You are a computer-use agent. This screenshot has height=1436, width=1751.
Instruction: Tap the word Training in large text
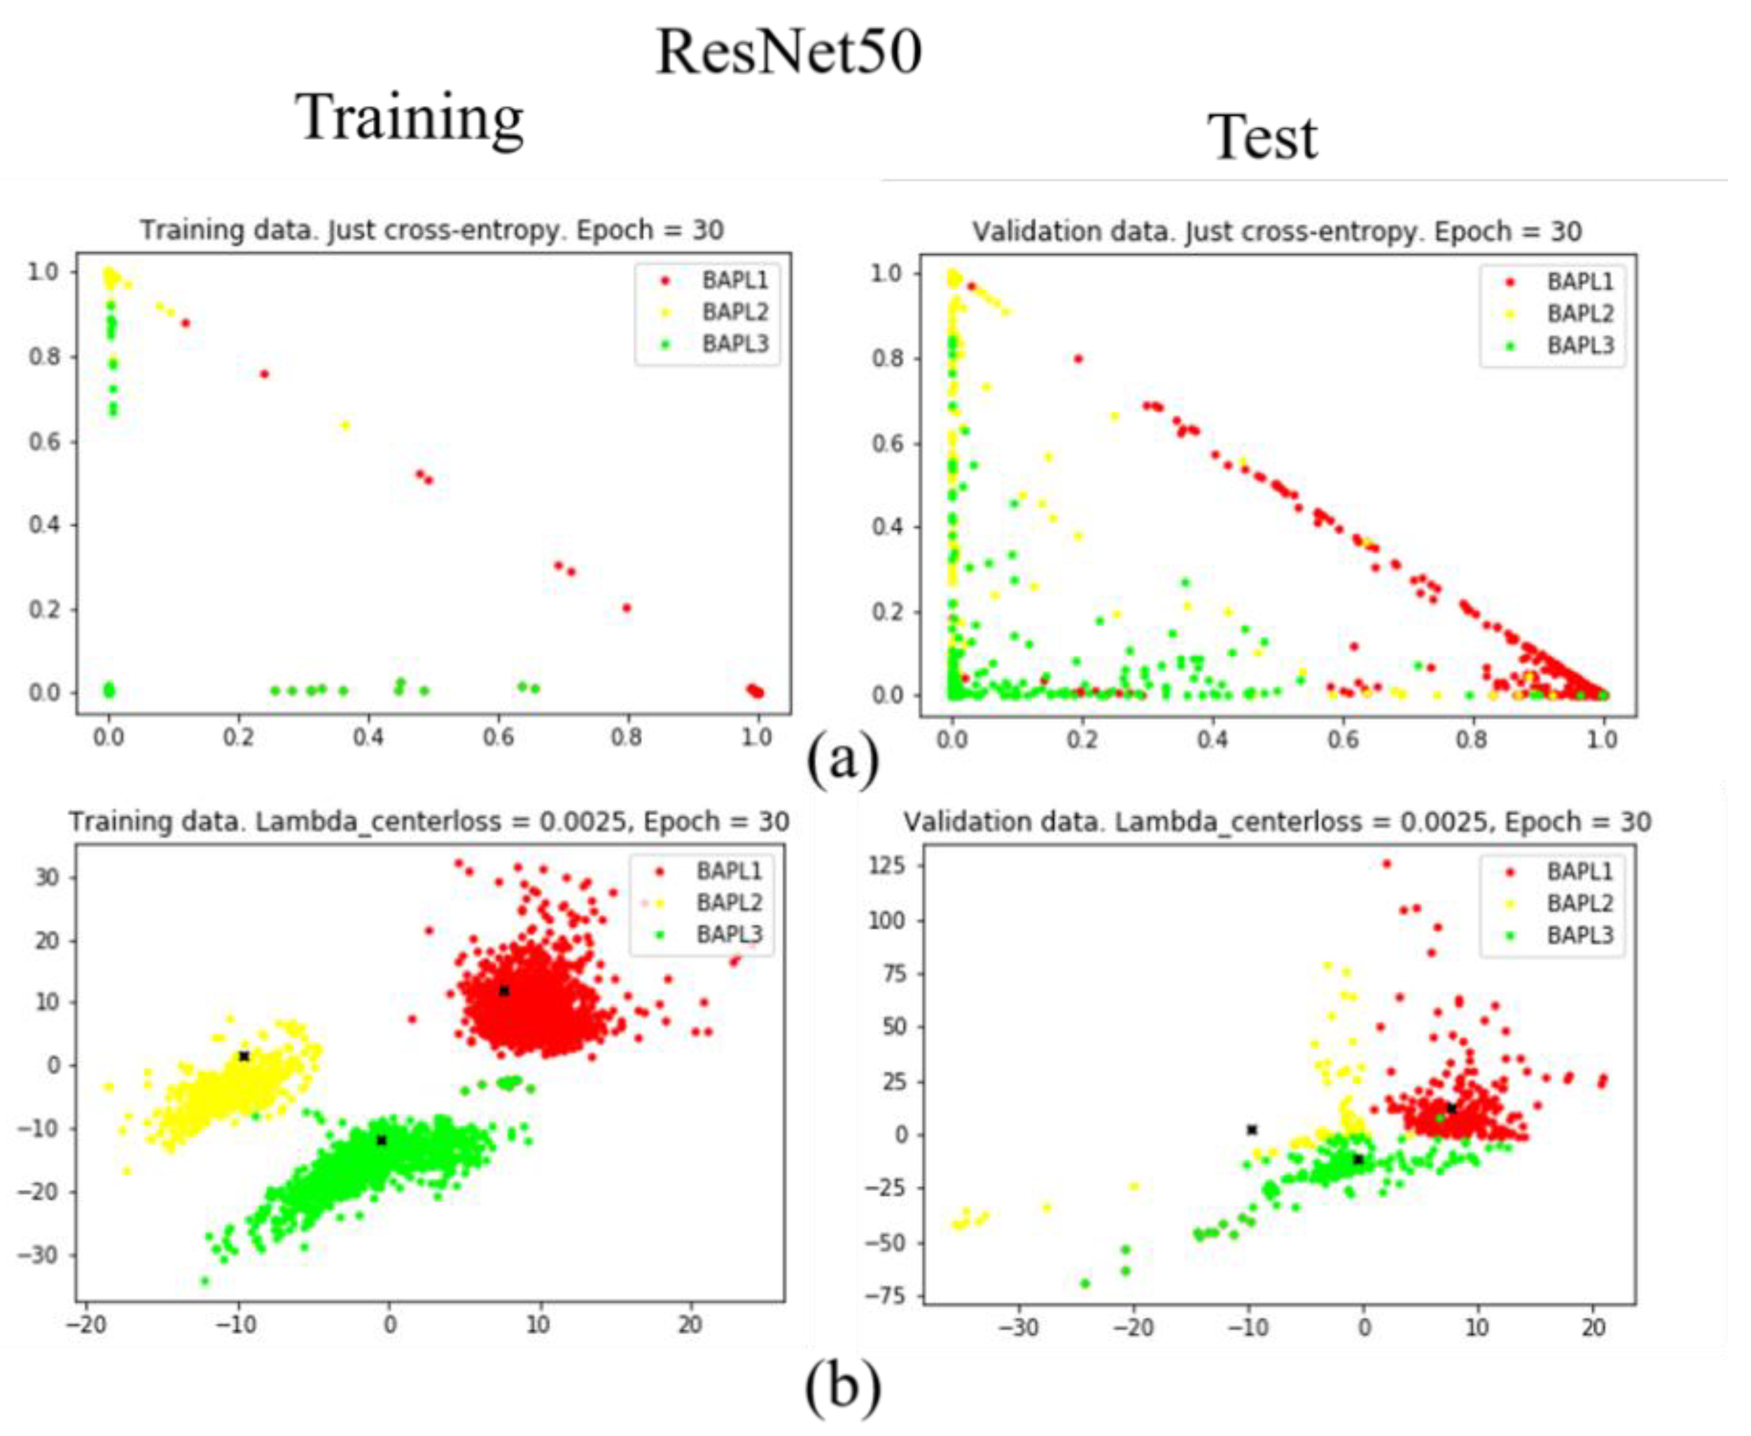410,118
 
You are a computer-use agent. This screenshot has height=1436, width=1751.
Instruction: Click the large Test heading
1262,137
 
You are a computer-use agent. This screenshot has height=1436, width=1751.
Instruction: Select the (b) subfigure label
843,1385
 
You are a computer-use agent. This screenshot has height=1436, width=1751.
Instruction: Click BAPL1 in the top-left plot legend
734,281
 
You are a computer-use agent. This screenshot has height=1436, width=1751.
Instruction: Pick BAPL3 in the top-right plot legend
1579,345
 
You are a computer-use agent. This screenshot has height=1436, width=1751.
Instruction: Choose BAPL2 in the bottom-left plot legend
729,902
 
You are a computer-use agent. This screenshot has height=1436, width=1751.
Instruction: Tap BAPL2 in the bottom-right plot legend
1579,903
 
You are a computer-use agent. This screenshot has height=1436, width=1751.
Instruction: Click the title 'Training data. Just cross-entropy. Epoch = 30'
432,230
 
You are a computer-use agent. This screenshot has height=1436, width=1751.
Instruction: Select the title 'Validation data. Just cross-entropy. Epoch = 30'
1276,232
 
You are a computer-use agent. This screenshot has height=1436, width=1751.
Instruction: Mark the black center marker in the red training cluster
503,991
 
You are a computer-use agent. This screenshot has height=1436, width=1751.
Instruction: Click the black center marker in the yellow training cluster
244,1057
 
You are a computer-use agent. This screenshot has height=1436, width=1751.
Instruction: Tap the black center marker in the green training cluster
382,1141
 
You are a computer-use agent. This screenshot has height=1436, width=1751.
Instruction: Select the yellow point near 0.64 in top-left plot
346,425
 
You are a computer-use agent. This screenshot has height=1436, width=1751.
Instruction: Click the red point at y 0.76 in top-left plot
265,374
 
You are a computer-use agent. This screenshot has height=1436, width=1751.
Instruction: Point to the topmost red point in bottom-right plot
1387,863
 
